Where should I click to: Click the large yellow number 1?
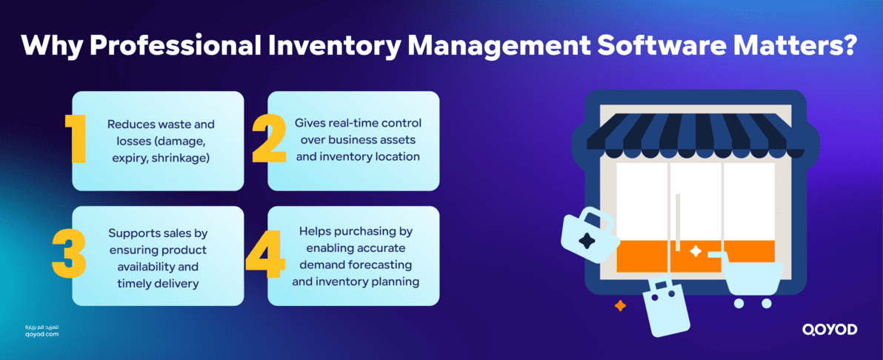click(x=76, y=139)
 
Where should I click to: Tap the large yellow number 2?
click(x=269, y=139)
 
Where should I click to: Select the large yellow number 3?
click(x=70, y=256)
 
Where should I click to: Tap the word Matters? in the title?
click(x=804, y=46)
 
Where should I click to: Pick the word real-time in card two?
click(x=347, y=122)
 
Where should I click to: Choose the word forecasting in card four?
click(x=387, y=264)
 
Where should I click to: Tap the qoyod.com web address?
click(x=41, y=334)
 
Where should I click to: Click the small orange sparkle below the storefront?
click(x=620, y=305)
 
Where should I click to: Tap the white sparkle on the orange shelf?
click(x=696, y=251)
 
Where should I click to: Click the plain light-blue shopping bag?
click(x=664, y=307)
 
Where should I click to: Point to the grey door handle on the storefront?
click(x=678, y=222)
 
